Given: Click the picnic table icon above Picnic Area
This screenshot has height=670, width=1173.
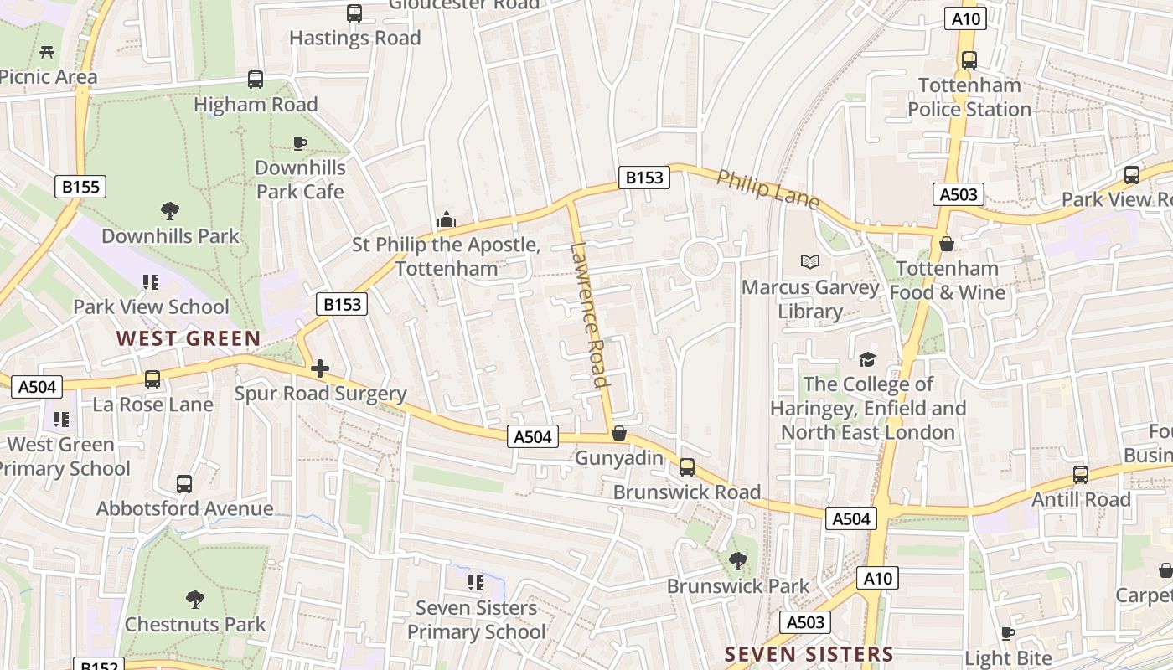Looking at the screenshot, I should (47, 52).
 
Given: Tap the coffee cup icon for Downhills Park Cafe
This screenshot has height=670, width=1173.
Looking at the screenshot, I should (300, 143).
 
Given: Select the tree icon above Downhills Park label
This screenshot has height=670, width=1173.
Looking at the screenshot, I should (170, 210).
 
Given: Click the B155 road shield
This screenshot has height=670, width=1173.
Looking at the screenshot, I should (81, 186).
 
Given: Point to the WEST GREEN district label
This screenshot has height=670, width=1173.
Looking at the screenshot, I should (189, 338).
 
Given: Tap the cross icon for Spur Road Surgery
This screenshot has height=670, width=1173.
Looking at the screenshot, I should (319, 368).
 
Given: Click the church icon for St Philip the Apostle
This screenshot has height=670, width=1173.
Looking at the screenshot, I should (447, 220).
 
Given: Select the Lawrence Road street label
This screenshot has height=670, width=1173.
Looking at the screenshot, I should (588, 315).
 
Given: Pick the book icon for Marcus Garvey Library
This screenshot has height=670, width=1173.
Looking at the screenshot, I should (809, 262).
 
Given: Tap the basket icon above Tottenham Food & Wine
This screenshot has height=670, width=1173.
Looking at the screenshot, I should (946, 244).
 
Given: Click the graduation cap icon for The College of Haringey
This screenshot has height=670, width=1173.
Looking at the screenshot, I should (867, 359).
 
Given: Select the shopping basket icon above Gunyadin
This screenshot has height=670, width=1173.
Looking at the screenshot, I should (619, 433).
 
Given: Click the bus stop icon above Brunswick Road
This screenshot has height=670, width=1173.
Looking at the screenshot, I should (687, 466).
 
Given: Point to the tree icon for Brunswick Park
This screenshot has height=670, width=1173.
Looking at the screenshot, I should (738, 560).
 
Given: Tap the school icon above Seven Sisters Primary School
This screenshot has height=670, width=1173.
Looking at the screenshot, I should (476, 582).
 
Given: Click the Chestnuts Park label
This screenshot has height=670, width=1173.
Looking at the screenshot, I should (195, 624).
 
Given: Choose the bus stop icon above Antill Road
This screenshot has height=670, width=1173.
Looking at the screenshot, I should (1081, 474).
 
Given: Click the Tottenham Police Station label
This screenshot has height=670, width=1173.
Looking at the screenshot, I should (969, 97).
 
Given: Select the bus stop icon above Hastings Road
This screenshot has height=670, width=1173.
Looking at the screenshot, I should (354, 13).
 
